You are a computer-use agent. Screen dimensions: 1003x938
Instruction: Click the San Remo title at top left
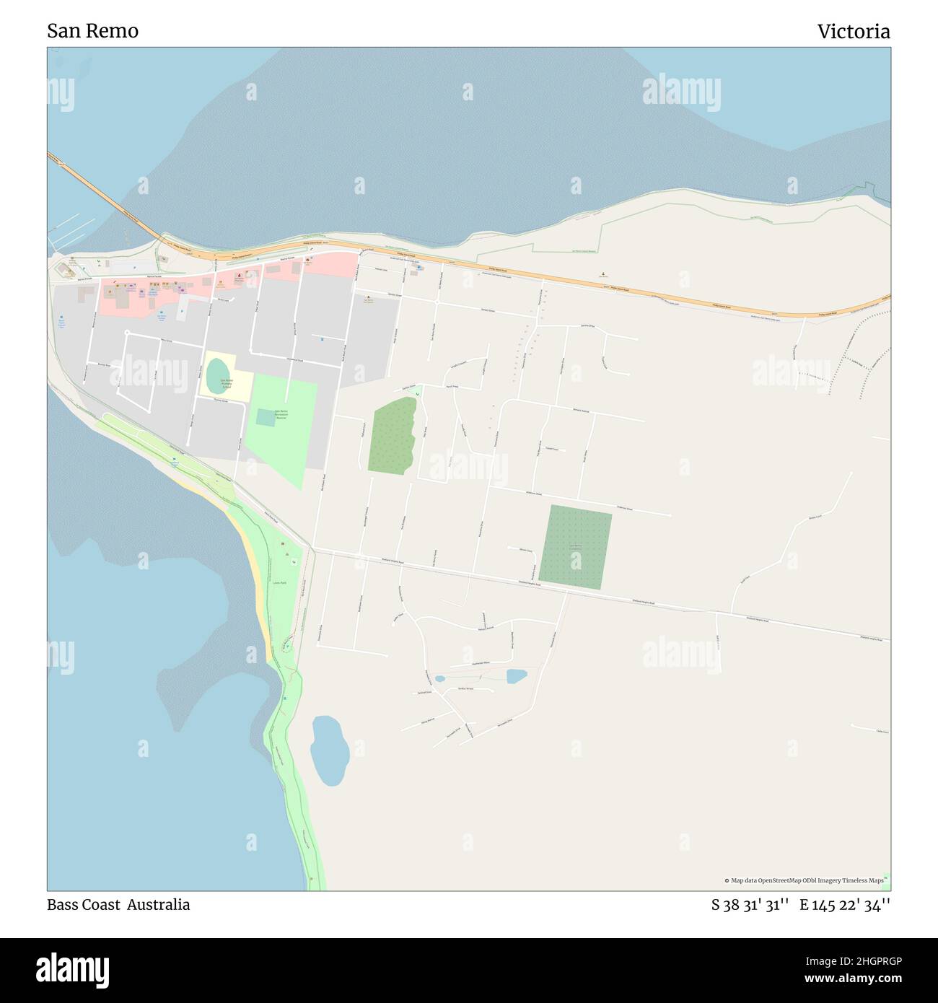tap(92, 31)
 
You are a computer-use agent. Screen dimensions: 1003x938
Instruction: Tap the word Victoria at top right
tap(853, 32)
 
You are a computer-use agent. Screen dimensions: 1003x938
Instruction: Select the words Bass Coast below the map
tap(83, 905)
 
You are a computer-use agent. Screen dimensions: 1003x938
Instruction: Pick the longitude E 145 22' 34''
tap(844, 906)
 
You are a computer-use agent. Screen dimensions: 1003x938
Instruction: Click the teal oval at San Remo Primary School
tap(215, 374)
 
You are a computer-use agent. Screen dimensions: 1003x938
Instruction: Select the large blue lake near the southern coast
tap(330, 750)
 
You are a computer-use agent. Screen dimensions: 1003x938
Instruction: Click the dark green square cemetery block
tap(575, 546)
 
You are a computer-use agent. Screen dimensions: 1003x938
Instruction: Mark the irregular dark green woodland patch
tap(392, 435)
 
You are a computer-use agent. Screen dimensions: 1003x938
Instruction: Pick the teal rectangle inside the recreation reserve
tap(265, 417)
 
